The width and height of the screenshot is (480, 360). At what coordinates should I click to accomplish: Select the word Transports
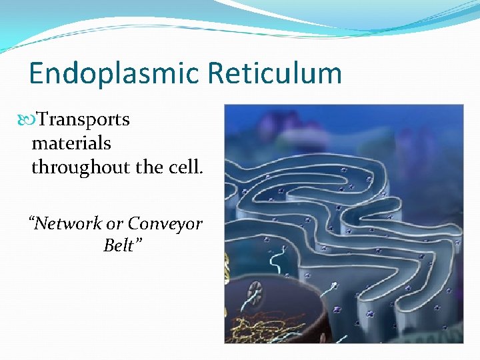(x=83, y=120)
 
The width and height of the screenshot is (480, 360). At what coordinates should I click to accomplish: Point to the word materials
(x=71, y=143)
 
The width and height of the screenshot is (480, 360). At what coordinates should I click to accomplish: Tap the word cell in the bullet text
(x=187, y=167)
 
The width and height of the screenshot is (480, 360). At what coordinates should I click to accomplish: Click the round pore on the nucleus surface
(x=255, y=291)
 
